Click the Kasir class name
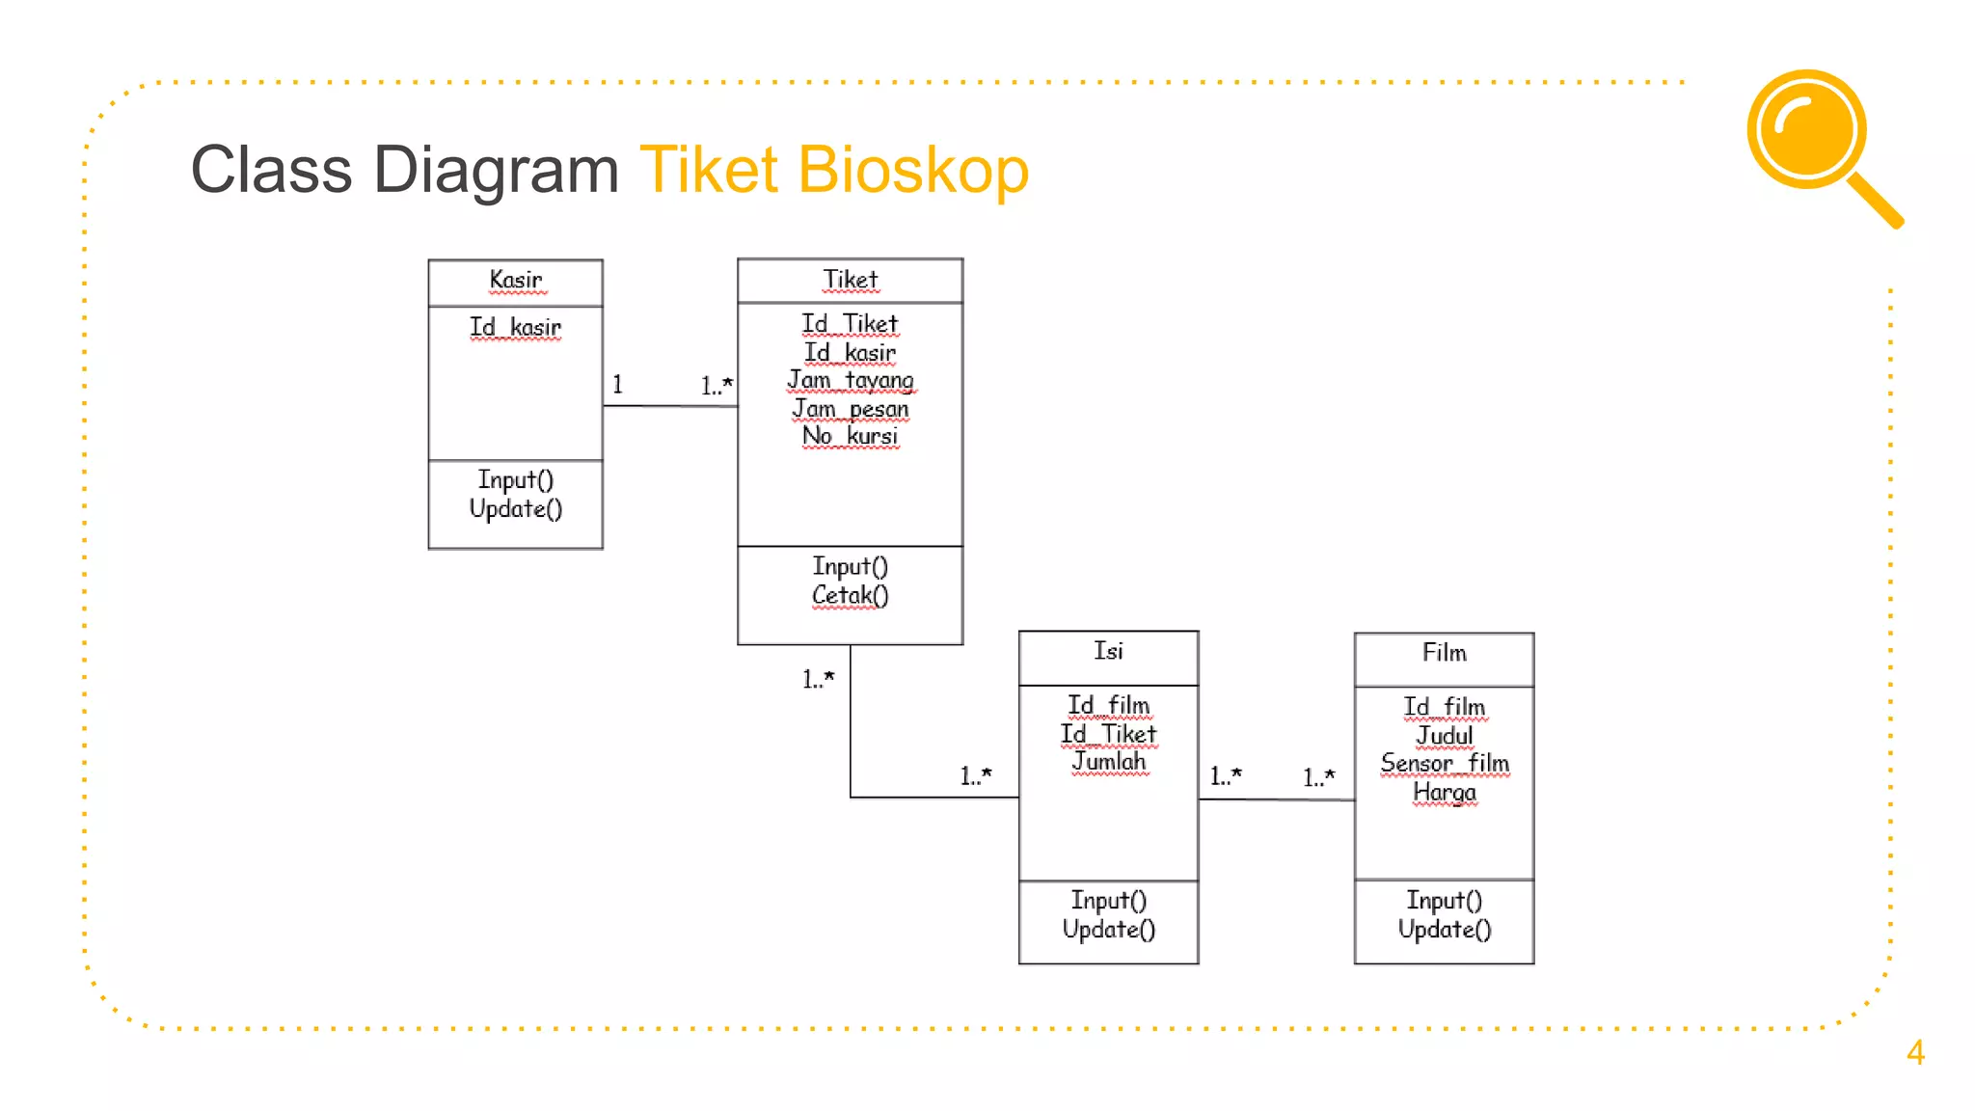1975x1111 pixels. tap(515, 280)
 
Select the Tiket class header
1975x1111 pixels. tap(850, 280)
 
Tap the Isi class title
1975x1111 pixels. tap(1108, 652)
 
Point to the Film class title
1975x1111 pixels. tap(1444, 654)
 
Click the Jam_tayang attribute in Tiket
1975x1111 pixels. tap(851, 380)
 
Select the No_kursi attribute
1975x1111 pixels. tap(851, 436)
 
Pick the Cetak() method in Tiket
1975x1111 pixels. tap(850, 595)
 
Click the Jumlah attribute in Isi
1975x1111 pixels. tap(1109, 762)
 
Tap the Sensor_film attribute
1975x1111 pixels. tap(1444, 763)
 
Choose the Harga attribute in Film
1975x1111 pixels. tap(1444, 792)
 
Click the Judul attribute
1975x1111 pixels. tap(1444, 736)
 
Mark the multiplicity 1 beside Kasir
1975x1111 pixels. tap(617, 385)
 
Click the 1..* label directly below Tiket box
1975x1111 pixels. tap(818, 679)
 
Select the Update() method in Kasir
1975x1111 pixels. tap(515, 508)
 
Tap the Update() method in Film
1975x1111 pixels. tap(1444, 929)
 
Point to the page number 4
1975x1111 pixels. tap(1915, 1052)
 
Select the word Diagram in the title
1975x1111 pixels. tap(496, 170)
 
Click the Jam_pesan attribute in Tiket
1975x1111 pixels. tap(851, 409)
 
